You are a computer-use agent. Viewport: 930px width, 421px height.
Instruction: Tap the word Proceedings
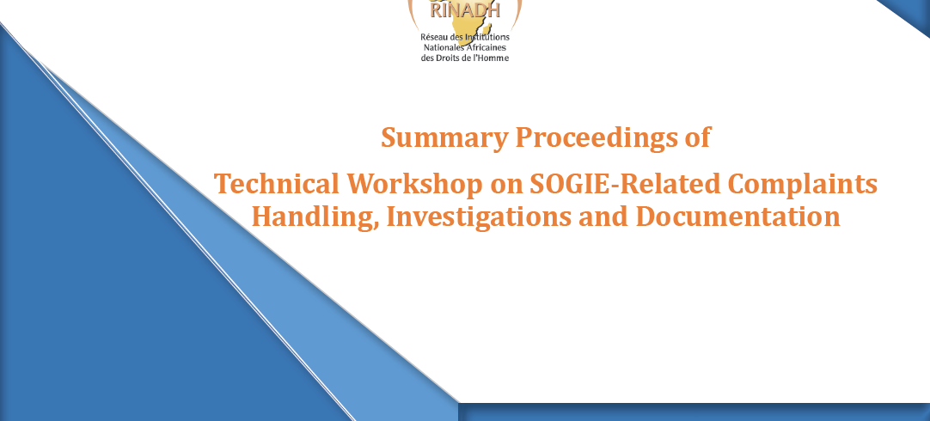point(592,138)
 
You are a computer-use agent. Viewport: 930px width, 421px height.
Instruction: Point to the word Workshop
point(414,185)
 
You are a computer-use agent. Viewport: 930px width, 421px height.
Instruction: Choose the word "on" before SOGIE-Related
point(505,186)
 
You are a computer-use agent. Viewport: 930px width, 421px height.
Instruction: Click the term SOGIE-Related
point(625,183)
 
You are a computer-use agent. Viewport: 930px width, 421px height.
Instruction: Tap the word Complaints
point(803,185)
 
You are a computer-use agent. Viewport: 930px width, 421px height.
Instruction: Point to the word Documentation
point(737,216)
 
